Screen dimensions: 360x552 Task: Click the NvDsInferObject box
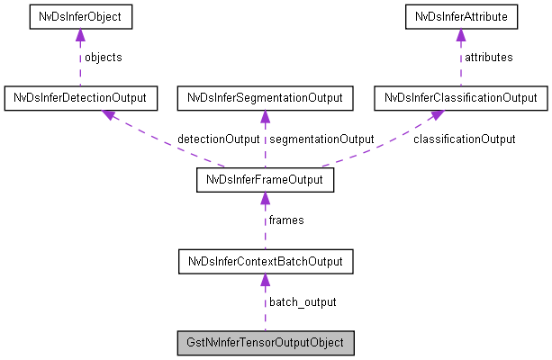coord(80,16)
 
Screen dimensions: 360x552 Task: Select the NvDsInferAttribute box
coord(460,16)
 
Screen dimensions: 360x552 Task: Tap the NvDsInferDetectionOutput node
coord(80,96)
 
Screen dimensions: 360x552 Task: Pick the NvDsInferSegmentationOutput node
coord(265,96)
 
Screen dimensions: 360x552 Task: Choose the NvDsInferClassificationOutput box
coord(460,96)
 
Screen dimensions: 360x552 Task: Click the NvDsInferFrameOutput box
coord(265,180)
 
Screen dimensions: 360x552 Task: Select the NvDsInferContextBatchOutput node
coord(265,262)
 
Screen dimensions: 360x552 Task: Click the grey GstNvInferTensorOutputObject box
coord(265,344)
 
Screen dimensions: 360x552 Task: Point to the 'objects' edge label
coord(103,57)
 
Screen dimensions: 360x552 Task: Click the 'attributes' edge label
coord(488,57)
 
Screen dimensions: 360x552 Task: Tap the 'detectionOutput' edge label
coord(218,139)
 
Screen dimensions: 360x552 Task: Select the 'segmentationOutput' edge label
coord(321,139)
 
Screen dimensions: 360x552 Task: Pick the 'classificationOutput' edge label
coord(464,139)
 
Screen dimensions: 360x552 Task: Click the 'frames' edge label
coord(286,220)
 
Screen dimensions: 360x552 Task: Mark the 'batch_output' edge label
coord(303,301)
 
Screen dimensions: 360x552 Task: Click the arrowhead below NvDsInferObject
coord(80,34)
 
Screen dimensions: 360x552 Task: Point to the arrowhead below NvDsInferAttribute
coord(460,34)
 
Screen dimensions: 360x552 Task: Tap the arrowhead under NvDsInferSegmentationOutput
coord(265,115)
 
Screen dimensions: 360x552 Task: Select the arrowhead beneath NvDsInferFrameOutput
coord(265,198)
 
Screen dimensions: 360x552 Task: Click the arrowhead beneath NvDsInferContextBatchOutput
coord(265,280)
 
